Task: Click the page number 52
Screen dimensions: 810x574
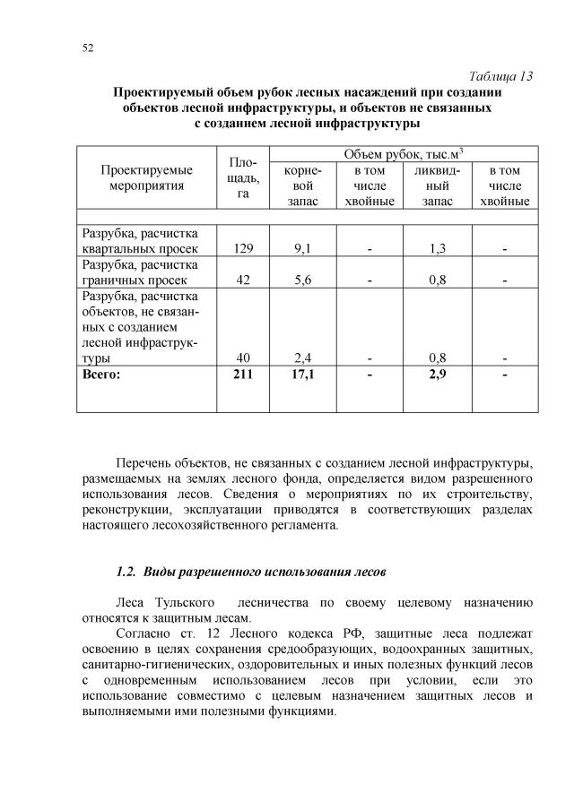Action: coord(87,47)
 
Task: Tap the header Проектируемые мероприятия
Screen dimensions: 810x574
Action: coord(147,177)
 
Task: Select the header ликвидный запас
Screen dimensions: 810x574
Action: coord(438,185)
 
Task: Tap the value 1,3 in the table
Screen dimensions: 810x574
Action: coord(438,248)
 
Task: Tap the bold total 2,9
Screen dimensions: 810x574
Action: coord(438,374)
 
